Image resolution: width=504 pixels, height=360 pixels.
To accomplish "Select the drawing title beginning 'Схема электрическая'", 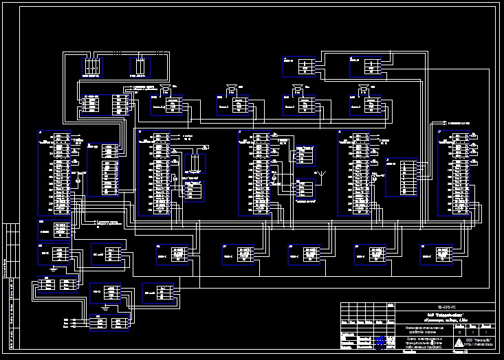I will pos(415,340).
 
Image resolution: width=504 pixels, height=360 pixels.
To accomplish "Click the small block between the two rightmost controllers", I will pos(402,177).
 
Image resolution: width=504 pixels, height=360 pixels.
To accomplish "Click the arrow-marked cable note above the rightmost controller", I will pos(458,122).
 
